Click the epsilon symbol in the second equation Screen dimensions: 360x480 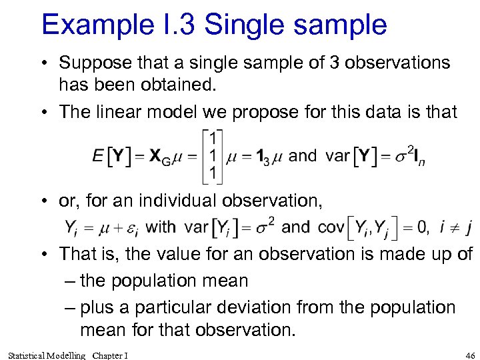pos(131,229)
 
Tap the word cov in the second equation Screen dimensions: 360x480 pos(331,227)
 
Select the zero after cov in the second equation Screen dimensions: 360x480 pos(421,227)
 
